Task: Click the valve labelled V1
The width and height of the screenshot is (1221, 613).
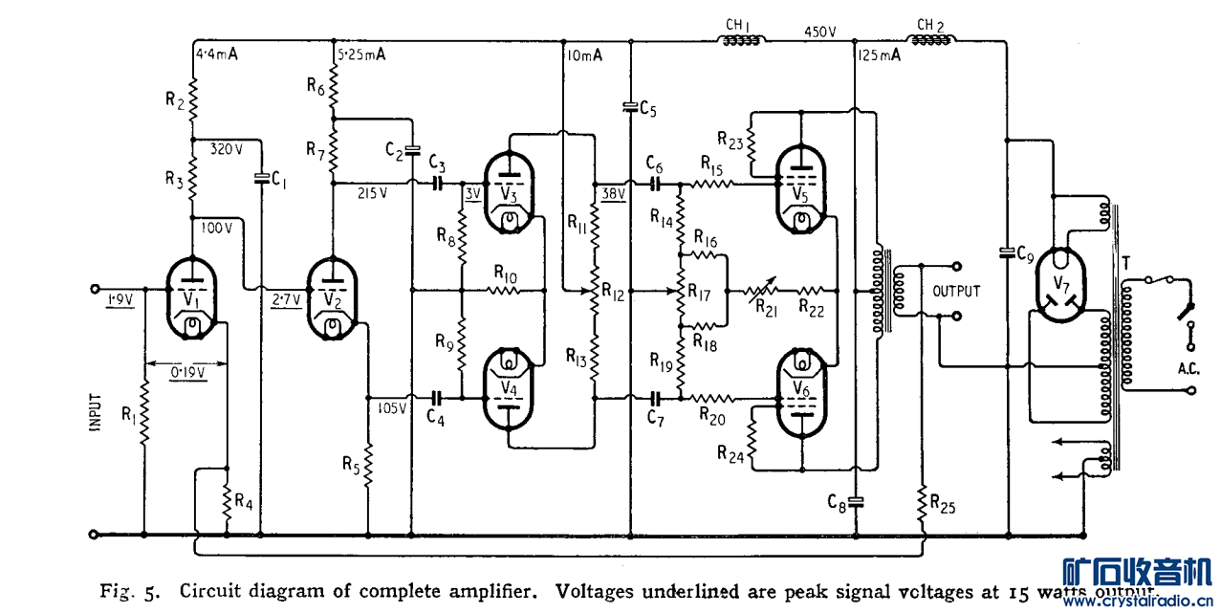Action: [193, 299]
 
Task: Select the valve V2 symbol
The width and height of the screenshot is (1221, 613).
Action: [331, 299]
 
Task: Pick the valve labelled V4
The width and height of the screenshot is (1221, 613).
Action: [511, 389]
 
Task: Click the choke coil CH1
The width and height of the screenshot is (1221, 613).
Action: [741, 40]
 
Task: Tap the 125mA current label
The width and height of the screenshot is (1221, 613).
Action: [880, 56]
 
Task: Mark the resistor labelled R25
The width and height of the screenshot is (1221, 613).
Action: [923, 501]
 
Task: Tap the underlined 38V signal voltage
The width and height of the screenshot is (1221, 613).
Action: [613, 195]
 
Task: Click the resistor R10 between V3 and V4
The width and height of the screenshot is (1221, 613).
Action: [505, 288]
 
